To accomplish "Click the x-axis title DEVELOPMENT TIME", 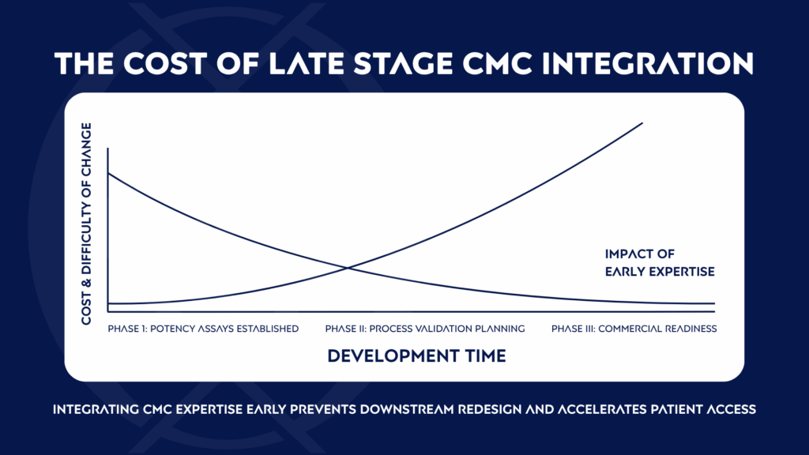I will (x=416, y=355).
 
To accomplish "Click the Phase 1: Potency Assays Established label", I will (x=203, y=328).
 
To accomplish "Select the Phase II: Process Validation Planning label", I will (x=424, y=328).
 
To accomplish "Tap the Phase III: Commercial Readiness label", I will (x=634, y=328).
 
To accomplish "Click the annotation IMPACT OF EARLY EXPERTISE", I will (x=659, y=262).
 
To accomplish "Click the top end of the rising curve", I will (x=642, y=123).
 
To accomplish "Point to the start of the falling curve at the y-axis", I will (x=108, y=173).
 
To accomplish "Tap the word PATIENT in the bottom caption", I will (x=665, y=410).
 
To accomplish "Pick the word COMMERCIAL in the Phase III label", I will (x=629, y=328).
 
